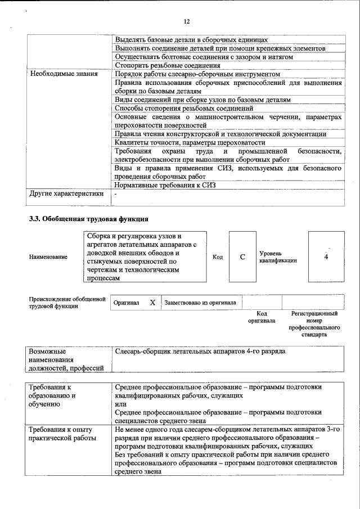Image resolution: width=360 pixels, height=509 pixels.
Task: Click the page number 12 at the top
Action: click(x=187, y=21)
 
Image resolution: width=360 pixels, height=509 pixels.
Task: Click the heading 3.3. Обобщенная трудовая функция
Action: click(x=88, y=218)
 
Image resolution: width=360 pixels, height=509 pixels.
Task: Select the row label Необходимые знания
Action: click(x=64, y=74)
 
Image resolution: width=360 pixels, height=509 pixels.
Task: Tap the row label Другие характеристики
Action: click(x=66, y=194)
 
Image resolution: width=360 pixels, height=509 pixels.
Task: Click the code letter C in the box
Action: click(x=242, y=257)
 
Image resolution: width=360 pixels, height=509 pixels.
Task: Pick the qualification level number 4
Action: click(x=326, y=257)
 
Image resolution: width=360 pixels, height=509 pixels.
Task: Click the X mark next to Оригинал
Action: click(x=152, y=303)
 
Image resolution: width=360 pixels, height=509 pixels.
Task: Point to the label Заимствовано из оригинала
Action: click(x=200, y=303)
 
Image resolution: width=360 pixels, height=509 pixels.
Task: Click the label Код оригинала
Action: click(x=262, y=317)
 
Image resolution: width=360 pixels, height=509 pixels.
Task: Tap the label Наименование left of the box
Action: click(x=48, y=257)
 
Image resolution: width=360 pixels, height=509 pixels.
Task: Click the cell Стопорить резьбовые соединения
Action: click(x=167, y=65)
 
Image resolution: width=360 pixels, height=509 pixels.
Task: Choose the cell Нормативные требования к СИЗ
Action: click(x=165, y=184)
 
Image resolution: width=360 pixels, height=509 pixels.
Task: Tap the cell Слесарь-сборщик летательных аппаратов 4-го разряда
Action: click(x=200, y=351)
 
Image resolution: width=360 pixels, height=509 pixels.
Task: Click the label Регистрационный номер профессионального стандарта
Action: click(x=314, y=323)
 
